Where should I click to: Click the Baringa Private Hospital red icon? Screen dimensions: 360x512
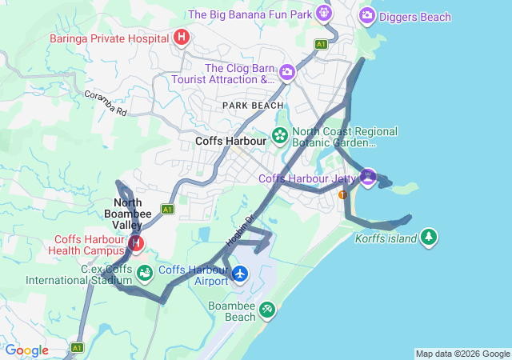coord(182,37)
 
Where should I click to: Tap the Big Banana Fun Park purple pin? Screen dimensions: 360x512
coord(323,13)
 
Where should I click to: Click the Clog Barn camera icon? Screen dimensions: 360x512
coord(287,74)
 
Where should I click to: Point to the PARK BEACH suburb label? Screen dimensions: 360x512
coord(253,106)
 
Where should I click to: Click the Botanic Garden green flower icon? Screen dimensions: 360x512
coord(280,134)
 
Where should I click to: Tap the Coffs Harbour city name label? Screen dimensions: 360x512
coord(230,141)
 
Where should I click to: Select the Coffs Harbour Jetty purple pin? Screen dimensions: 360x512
coord(367,176)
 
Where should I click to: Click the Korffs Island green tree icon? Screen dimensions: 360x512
coord(430,237)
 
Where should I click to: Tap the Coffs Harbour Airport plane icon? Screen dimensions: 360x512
coord(240,274)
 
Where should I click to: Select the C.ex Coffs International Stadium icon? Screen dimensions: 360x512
coord(145,274)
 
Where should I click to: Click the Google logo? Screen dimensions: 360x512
coord(26,350)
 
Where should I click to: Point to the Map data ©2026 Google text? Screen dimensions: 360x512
coord(462,354)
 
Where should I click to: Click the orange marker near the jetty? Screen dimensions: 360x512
coord(342,194)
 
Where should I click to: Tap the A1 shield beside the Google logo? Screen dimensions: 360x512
coord(77,348)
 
